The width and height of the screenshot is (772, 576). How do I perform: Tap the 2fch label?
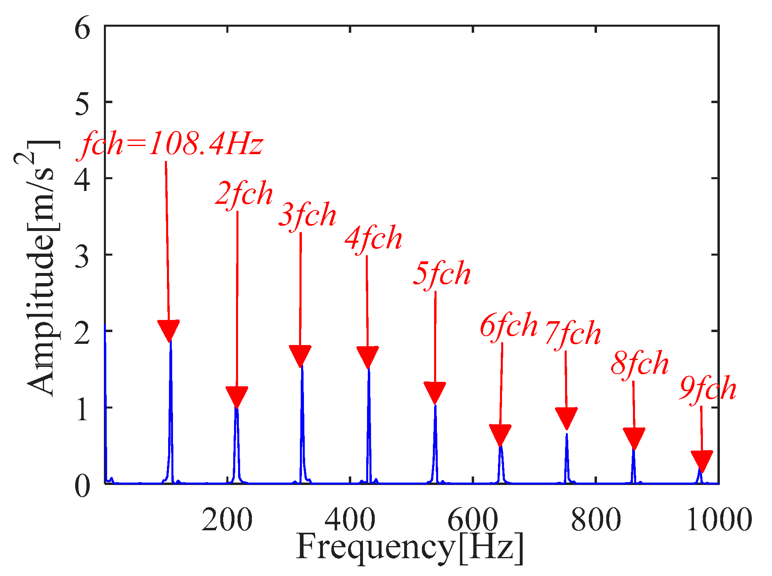tap(244, 194)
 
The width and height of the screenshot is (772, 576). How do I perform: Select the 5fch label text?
tap(442, 274)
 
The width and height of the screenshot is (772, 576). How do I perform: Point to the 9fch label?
tap(708, 388)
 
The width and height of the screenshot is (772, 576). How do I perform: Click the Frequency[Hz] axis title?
tap(410, 548)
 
